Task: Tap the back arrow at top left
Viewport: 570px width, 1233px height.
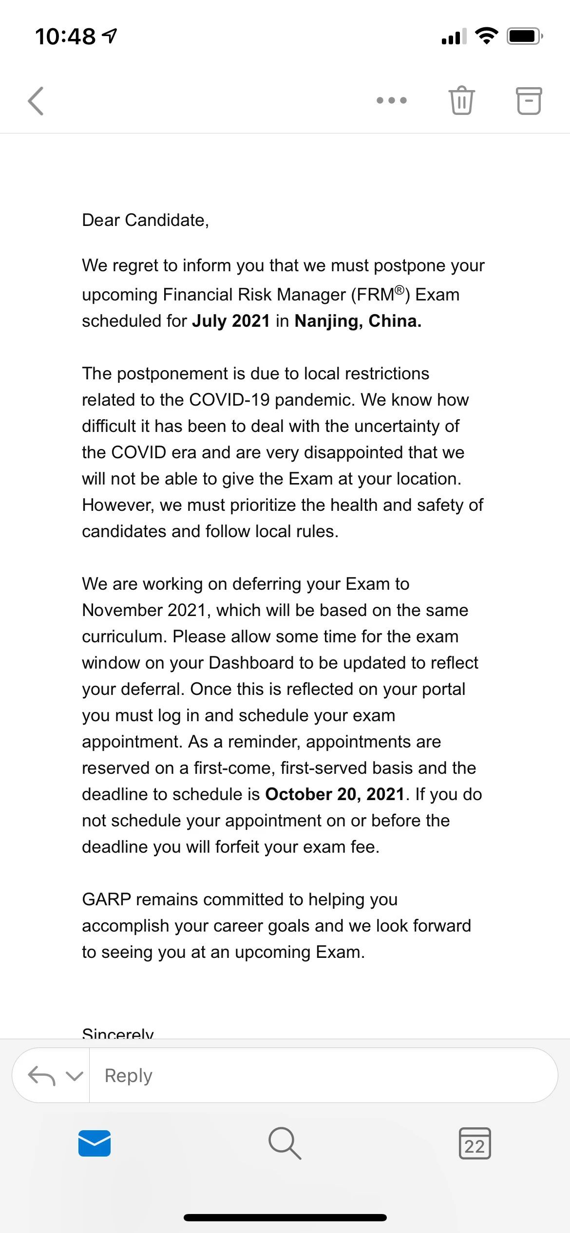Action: click(x=36, y=101)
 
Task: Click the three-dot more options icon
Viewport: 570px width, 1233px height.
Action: click(x=391, y=100)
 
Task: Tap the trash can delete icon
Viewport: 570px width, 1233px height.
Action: click(x=461, y=100)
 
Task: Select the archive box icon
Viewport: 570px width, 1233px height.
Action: click(x=529, y=101)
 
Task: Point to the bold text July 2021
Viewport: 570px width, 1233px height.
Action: click(x=231, y=321)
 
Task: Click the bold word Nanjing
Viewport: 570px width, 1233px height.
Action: click(x=329, y=321)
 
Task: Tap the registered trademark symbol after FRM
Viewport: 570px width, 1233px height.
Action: click(x=399, y=290)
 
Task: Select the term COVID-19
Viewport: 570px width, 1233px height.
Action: click(x=229, y=400)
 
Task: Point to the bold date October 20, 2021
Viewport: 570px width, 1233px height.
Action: click(x=335, y=794)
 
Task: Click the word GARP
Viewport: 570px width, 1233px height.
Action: click(x=107, y=899)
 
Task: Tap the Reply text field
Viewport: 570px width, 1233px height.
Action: click(x=322, y=1075)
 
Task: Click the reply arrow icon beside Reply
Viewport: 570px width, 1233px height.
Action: click(x=41, y=1075)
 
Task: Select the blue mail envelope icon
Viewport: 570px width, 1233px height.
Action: click(x=95, y=1143)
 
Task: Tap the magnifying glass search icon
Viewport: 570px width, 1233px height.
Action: click(x=285, y=1143)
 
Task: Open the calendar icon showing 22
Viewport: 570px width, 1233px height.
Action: click(x=475, y=1143)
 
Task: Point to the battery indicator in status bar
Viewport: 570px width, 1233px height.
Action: click(x=524, y=36)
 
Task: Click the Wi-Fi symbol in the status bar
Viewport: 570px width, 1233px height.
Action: click(x=486, y=36)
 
